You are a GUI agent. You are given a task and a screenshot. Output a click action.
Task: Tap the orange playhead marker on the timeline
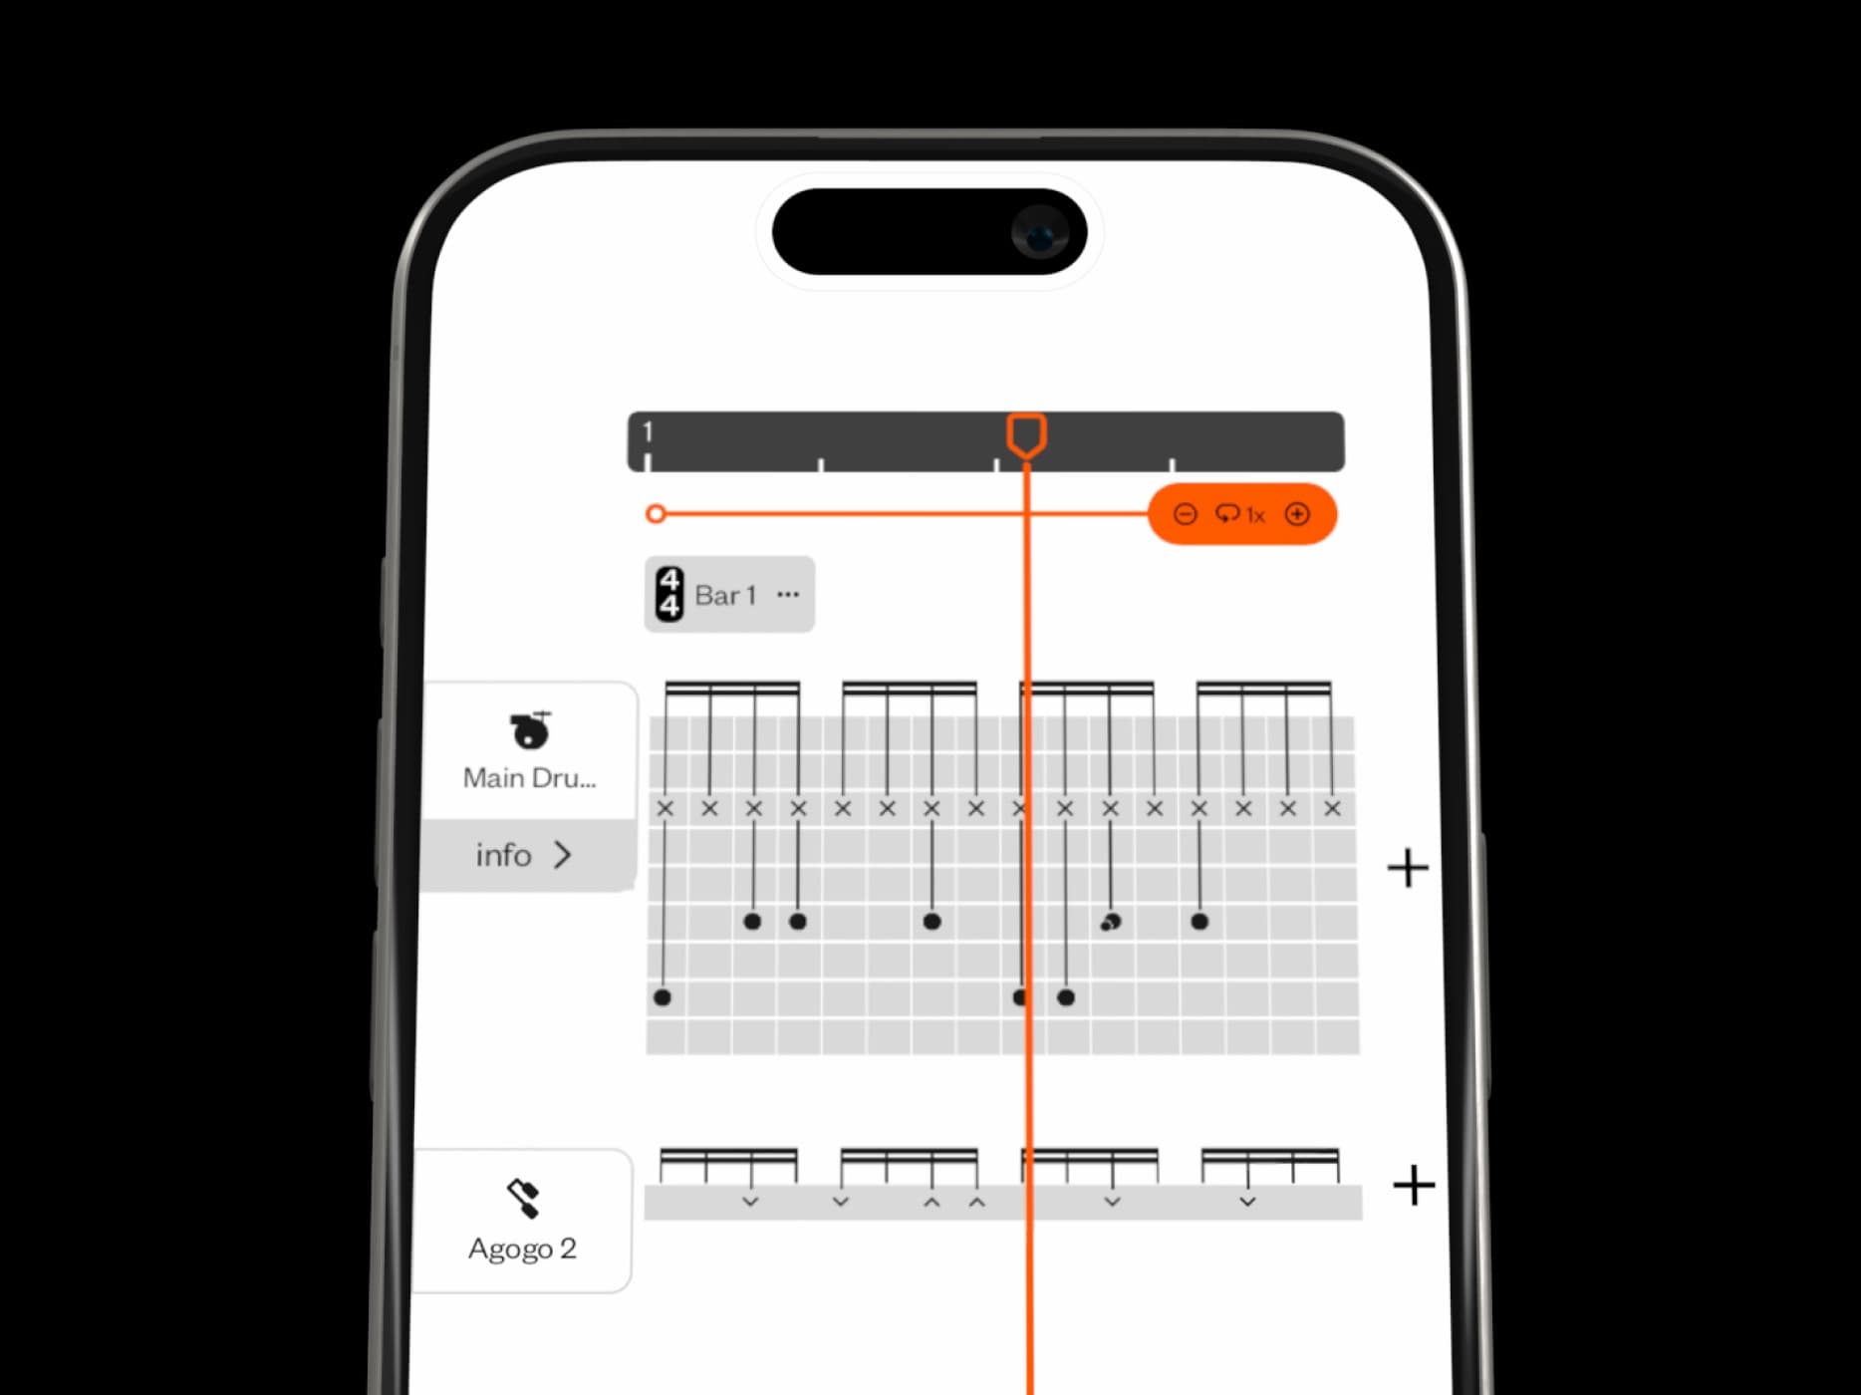click(1026, 435)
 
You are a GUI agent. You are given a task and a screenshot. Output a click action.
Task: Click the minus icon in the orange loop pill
click(1185, 514)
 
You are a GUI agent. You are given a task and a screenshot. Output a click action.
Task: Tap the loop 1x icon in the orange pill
click(1239, 514)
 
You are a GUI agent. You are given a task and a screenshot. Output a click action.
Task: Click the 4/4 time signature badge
click(669, 594)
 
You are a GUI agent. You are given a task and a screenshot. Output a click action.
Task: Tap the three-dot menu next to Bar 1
click(788, 595)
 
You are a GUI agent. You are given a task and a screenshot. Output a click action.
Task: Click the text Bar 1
click(725, 596)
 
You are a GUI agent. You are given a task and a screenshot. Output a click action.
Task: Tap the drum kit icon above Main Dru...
click(530, 729)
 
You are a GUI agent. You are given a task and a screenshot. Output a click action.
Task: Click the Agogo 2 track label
click(522, 1249)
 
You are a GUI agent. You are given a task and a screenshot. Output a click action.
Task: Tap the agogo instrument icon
click(523, 1198)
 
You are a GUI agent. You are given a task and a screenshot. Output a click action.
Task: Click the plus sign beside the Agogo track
click(1413, 1186)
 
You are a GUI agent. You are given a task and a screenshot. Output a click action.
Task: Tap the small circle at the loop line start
click(656, 514)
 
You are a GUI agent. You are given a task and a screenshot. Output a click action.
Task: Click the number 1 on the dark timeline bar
click(648, 431)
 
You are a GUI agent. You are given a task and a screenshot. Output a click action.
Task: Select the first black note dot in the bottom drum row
click(663, 997)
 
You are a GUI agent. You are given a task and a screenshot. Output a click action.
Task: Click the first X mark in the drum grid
click(665, 808)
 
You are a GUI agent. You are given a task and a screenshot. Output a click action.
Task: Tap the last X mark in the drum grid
click(1332, 808)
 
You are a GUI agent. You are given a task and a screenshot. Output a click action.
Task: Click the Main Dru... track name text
click(529, 778)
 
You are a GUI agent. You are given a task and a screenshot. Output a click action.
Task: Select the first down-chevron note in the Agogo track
click(750, 1202)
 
